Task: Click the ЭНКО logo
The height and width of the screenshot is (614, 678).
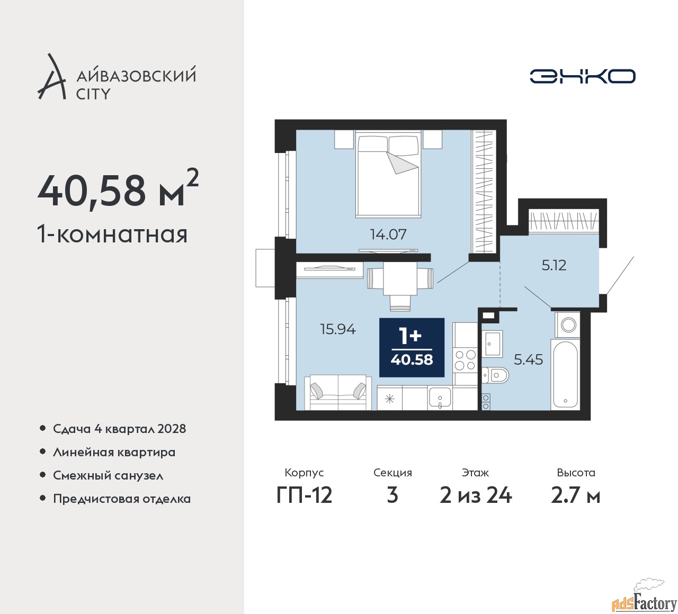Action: tap(582, 76)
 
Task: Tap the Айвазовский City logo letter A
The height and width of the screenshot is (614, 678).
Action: tap(51, 76)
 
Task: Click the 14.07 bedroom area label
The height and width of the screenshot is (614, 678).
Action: tap(388, 234)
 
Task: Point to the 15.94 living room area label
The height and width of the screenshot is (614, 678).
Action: tap(337, 329)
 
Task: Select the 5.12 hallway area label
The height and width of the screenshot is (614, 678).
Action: tap(554, 266)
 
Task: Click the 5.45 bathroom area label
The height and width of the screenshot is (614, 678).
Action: tap(528, 360)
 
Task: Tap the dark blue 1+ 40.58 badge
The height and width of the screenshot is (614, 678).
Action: tap(412, 347)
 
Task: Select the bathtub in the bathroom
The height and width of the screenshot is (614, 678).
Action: tap(566, 375)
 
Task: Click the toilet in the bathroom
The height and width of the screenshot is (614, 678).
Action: tap(495, 375)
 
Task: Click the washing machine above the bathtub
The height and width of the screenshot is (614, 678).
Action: tap(567, 325)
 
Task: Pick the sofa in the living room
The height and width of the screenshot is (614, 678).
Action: tap(338, 392)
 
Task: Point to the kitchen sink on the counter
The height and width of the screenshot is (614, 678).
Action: tap(440, 398)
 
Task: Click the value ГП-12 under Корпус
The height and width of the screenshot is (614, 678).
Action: tap(304, 496)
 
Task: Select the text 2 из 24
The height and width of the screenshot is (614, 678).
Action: tap(476, 496)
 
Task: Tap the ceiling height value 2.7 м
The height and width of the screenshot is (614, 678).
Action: tap(576, 496)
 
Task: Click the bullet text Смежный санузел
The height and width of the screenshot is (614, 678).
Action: tap(108, 475)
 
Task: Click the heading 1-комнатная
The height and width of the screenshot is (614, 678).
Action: tap(112, 234)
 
